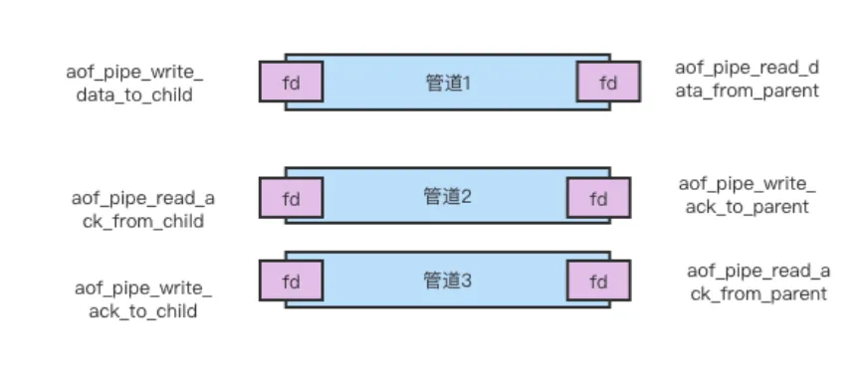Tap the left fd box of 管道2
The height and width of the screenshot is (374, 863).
click(x=291, y=198)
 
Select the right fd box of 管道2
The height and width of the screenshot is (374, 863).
click(x=598, y=198)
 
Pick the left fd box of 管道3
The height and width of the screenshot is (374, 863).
click(x=291, y=281)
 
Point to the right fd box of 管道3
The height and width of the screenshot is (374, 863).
click(x=598, y=281)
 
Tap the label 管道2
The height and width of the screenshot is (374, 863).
click(x=447, y=196)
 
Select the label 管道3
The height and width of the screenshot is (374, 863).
click(x=447, y=280)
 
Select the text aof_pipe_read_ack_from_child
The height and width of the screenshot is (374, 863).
click(x=143, y=209)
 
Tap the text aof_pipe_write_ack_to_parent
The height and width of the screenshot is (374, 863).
click(x=747, y=195)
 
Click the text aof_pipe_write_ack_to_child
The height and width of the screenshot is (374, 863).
click(x=143, y=299)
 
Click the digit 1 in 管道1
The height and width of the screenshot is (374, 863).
click(x=466, y=83)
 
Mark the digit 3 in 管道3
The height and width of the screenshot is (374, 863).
click(x=465, y=280)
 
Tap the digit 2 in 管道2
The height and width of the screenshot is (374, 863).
click(x=465, y=196)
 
